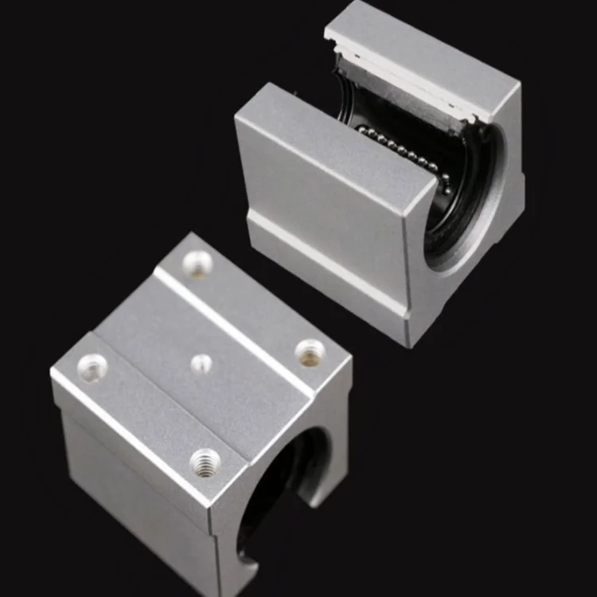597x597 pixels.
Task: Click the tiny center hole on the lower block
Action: [201, 364]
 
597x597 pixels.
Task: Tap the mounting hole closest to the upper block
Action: [197, 262]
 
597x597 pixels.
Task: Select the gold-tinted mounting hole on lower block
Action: [310, 352]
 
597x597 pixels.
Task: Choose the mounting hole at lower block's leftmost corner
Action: [93, 367]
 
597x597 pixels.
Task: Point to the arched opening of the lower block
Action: [279, 486]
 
